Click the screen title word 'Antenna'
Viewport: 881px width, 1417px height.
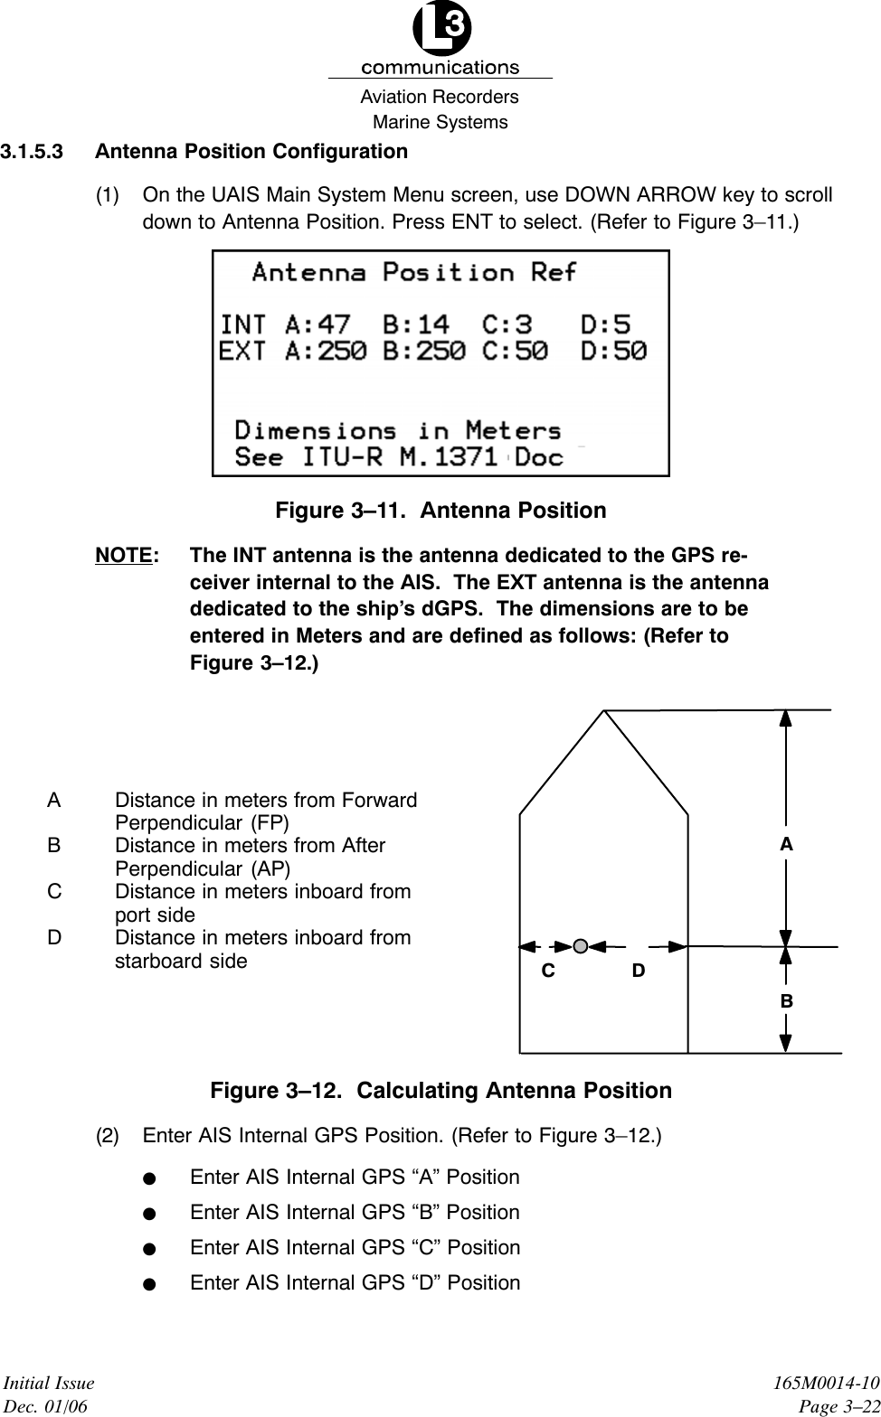pyautogui.click(x=308, y=272)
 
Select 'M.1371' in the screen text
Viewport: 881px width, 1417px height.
pyautogui.click(x=449, y=456)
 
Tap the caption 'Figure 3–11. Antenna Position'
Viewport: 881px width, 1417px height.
pyautogui.click(x=440, y=511)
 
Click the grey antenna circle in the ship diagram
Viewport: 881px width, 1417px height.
pyautogui.click(x=582, y=946)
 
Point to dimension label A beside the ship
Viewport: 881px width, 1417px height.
pyautogui.click(x=786, y=844)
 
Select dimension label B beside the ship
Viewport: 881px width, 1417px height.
pyautogui.click(x=786, y=1001)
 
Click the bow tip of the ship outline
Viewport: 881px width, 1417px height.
pyautogui.click(x=604, y=711)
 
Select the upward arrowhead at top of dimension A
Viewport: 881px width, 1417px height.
pyautogui.click(x=786, y=719)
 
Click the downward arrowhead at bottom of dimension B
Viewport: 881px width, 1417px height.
pyautogui.click(x=786, y=1041)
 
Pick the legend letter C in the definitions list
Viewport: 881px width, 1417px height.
pyautogui.click(x=55, y=892)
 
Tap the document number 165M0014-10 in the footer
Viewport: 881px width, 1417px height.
pyautogui.click(x=830, y=1384)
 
